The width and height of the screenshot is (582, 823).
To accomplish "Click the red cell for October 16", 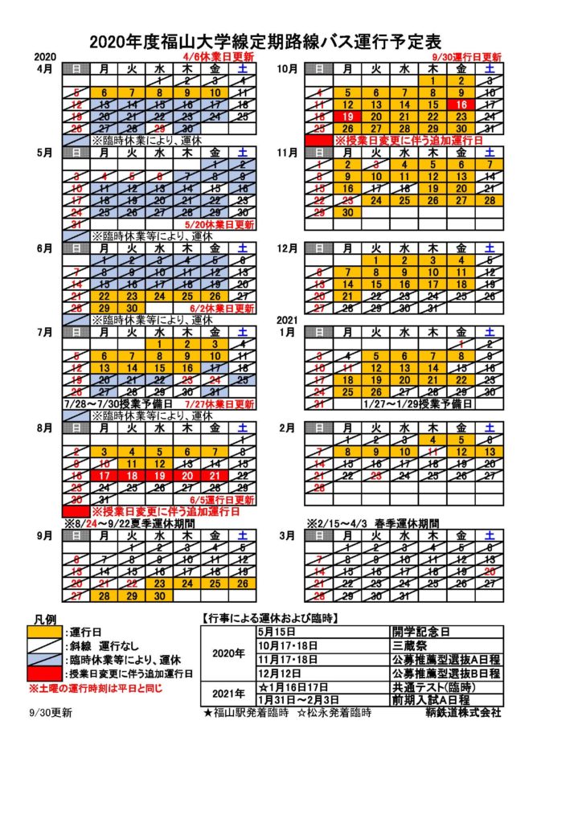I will pyautogui.click(x=461, y=104).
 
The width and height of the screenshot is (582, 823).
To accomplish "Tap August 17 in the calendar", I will pyautogui.click(x=105, y=476).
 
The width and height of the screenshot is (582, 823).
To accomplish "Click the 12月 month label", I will pyautogui.click(x=287, y=248).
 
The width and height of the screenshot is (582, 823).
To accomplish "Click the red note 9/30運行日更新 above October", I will pyautogui.click(x=466, y=57).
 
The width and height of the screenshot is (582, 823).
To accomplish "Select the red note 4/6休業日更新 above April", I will pyautogui.click(x=218, y=57).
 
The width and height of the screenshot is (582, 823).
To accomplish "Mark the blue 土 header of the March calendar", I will pyautogui.click(x=489, y=535).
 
